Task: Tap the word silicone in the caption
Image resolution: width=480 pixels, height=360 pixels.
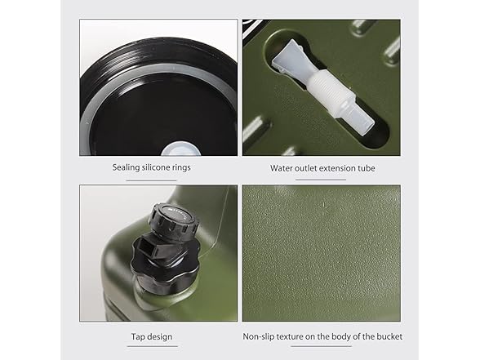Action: coord(154,167)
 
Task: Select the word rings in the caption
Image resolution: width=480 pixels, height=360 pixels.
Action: coord(180,168)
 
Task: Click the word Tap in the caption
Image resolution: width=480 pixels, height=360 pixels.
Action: coord(137,336)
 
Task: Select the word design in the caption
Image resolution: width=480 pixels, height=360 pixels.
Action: coord(159,336)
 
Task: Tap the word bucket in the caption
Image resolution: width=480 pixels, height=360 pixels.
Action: coord(389,336)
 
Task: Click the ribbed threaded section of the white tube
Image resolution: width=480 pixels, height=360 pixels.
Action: coord(329,87)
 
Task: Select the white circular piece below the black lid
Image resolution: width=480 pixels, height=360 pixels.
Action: coord(180,149)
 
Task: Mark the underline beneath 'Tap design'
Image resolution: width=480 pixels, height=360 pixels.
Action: coord(152,346)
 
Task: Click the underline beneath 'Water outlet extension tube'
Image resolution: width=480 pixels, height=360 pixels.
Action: coord(321,180)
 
